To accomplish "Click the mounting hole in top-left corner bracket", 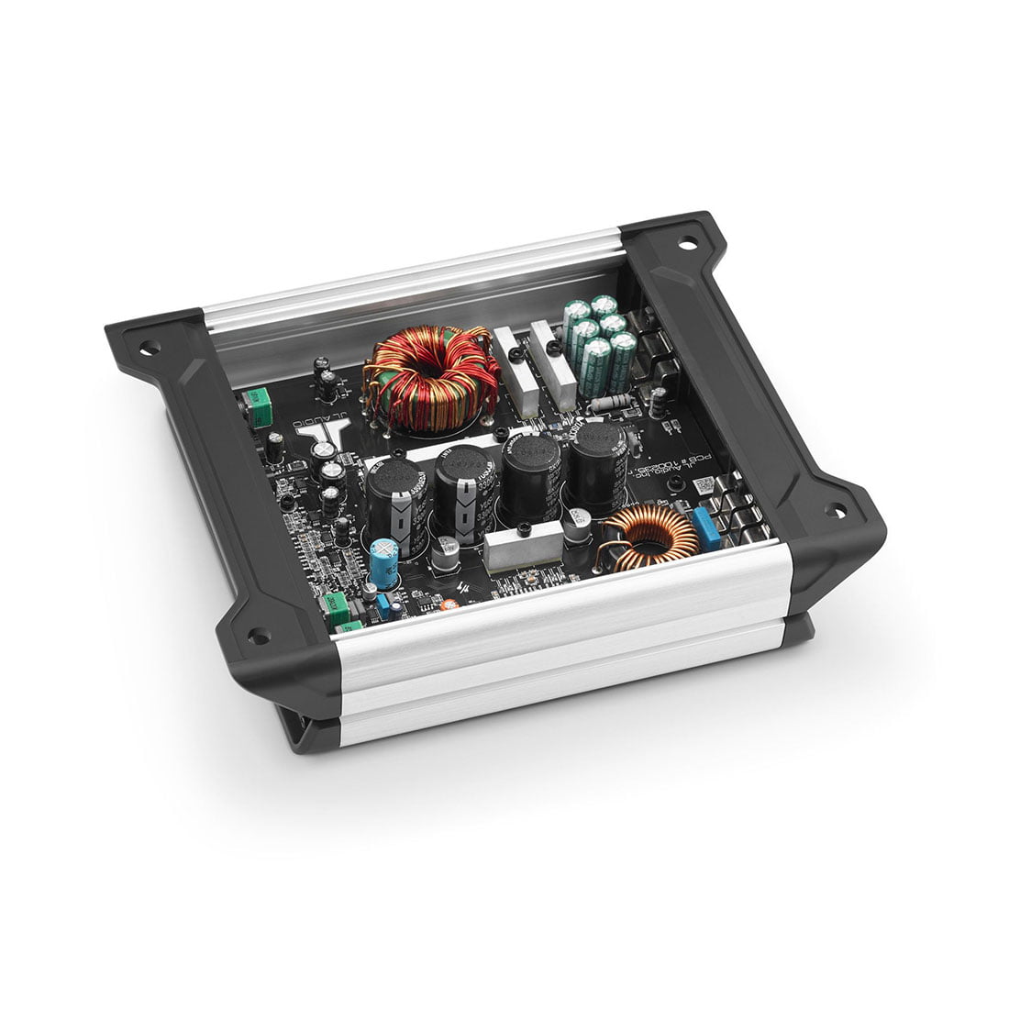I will tap(144, 349).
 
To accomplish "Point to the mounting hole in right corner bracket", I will tap(835, 511).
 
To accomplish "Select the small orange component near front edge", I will tap(449, 605).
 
